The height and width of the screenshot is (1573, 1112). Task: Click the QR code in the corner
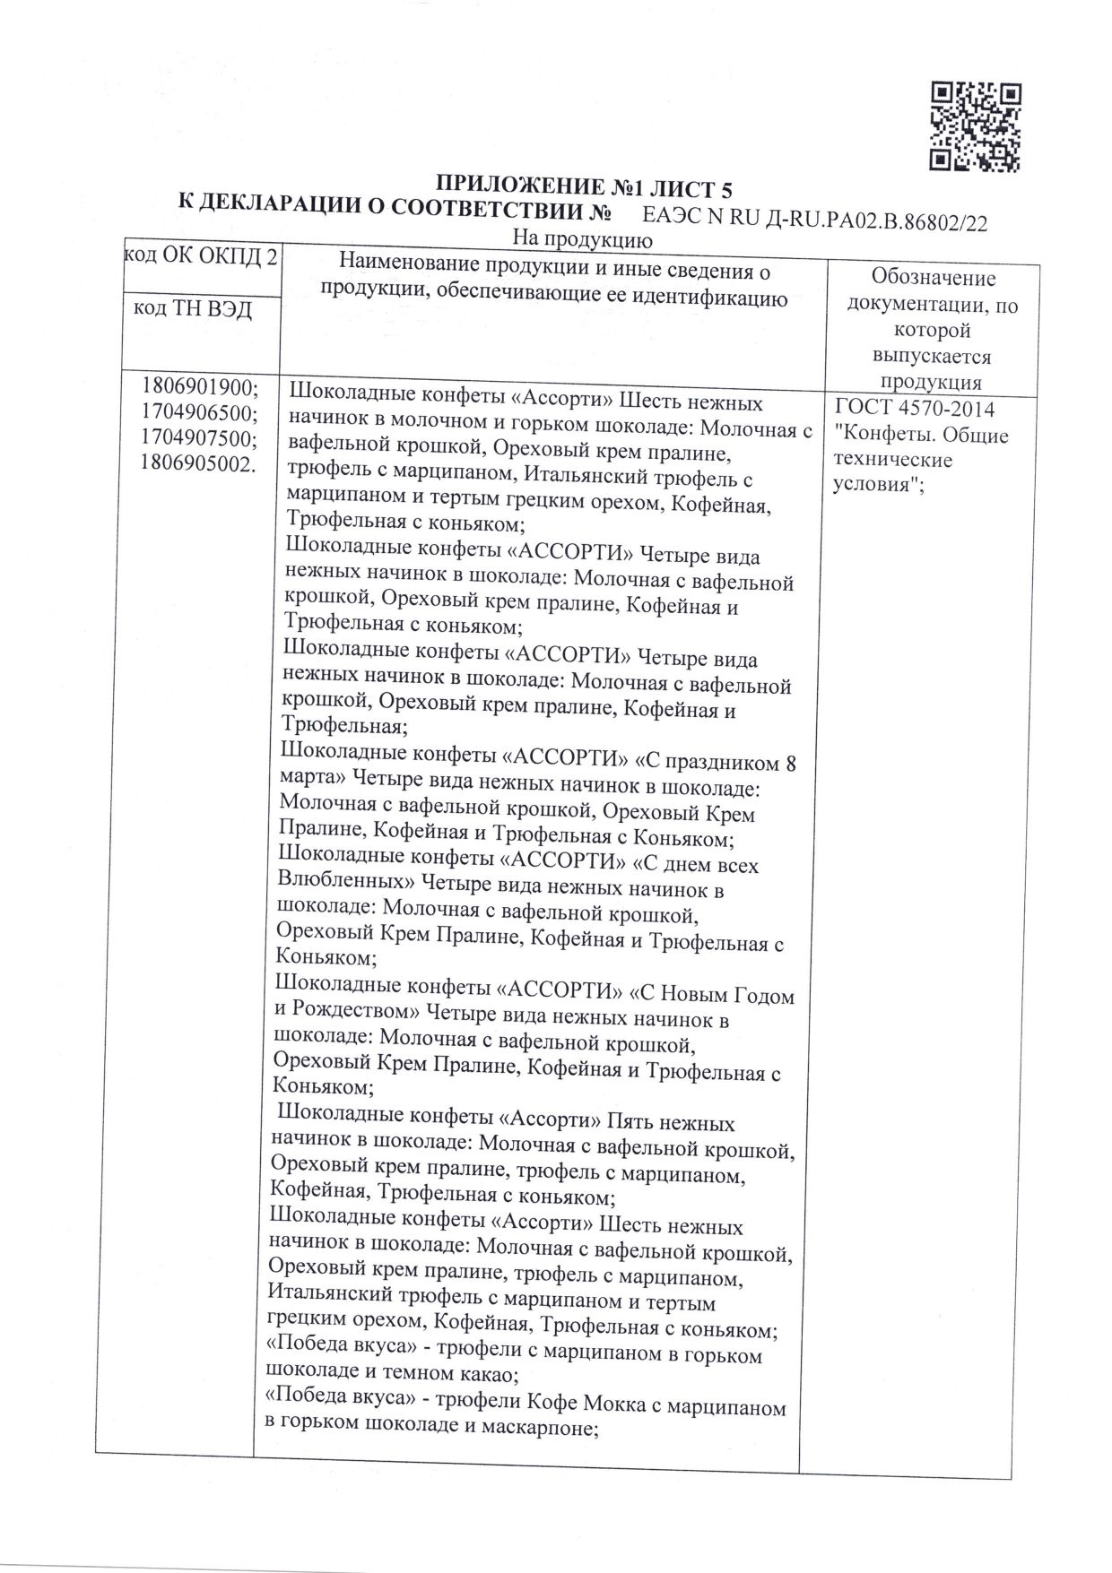[975, 126]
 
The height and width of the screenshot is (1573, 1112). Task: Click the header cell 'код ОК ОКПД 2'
[199, 258]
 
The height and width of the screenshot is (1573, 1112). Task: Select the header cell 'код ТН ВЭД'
[192, 309]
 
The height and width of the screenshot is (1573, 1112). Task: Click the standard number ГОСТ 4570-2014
[914, 410]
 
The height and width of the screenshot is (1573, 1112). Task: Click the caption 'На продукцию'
[581, 239]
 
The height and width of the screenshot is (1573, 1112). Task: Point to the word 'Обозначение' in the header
[934, 279]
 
